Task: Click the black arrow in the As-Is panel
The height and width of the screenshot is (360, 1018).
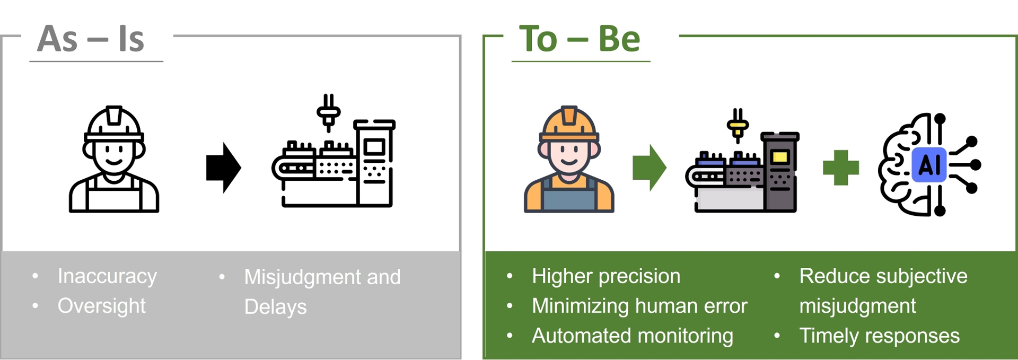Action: tap(223, 168)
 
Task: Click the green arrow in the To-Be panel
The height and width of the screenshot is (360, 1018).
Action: tap(649, 168)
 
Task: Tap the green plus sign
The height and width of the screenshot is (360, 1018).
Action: tap(840, 168)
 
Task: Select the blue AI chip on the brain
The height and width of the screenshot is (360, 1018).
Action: tap(929, 165)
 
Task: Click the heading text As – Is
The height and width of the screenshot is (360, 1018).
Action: tap(91, 39)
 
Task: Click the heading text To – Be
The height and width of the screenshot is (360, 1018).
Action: tap(580, 39)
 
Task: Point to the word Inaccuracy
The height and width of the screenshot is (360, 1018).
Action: tap(107, 277)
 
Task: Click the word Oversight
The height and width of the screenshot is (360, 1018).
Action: tap(101, 306)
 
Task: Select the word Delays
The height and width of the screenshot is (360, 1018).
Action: tap(275, 307)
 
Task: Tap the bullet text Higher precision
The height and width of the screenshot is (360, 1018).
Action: tap(606, 276)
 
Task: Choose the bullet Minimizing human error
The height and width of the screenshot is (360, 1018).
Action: tap(639, 306)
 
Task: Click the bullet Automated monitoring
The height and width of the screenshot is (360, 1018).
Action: tap(633, 336)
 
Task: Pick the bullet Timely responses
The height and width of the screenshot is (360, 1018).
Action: tap(880, 336)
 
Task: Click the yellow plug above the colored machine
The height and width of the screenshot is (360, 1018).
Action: tap(738, 126)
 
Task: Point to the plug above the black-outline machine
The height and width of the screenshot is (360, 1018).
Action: tap(329, 113)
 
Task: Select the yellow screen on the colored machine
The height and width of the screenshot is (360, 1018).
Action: tap(779, 157)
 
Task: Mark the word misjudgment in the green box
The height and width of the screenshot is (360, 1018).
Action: tap(857, 306)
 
